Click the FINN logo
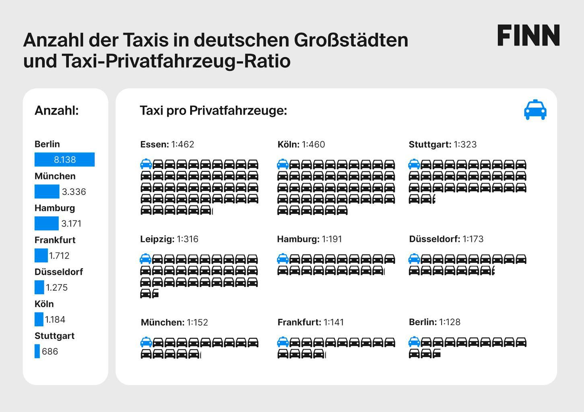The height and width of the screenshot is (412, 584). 528,35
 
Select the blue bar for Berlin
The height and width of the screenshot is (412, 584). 65,159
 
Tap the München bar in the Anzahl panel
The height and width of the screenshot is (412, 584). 47,192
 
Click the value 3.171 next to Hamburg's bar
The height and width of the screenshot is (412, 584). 71,223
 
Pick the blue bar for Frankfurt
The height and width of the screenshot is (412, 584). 41,255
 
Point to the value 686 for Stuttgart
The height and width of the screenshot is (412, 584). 50,351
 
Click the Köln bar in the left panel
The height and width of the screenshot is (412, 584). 39,319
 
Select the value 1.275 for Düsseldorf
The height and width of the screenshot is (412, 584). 57,287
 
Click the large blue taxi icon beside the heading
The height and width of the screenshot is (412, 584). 535,109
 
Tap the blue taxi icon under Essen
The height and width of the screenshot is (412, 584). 146,164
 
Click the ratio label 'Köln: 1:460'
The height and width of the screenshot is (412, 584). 301,144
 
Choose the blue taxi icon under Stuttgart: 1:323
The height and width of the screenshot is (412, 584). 414,164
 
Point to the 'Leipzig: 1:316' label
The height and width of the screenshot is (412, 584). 169,239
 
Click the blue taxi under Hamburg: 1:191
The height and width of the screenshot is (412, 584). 283,258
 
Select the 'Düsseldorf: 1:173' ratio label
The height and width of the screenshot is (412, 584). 446,239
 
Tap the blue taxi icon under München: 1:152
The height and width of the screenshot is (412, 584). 146,342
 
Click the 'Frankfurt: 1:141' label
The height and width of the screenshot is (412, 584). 311,322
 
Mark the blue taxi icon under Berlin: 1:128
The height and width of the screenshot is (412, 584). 414,342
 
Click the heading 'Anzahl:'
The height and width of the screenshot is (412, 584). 57,110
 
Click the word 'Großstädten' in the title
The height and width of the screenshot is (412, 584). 351,40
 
